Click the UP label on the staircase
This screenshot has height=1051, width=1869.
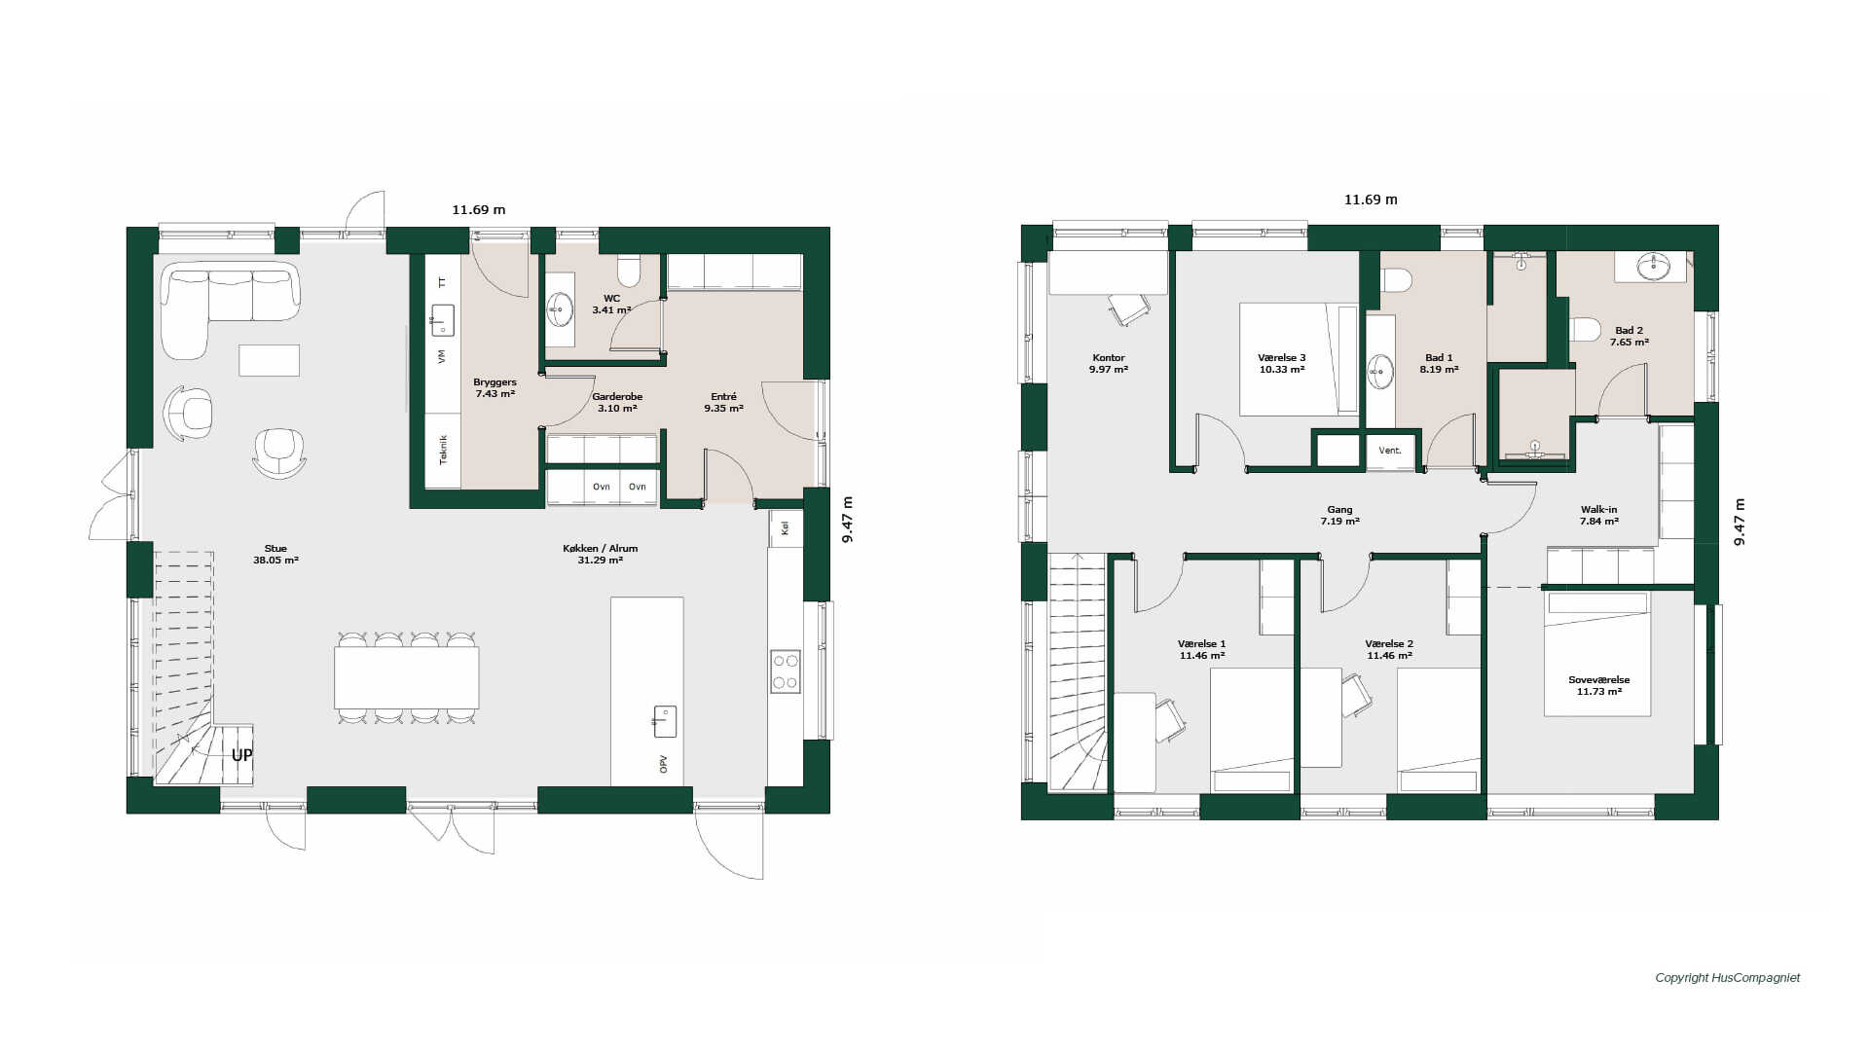coord(241,755)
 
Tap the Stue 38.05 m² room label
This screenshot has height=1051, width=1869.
coord(275,555)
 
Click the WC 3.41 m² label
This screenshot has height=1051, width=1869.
coord(611,305)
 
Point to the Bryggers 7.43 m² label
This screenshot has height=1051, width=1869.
coord(495,388)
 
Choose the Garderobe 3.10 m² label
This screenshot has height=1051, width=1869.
coord(617,403)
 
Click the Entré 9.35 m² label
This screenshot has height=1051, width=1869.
coord(723,403)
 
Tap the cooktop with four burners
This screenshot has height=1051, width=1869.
coord(786,671)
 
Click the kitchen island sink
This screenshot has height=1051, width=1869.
coord(665,721)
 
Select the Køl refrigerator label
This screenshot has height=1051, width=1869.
coord(785,528)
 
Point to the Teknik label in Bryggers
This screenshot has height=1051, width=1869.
coord(443,450)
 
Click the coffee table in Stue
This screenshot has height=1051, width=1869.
coord(270,360)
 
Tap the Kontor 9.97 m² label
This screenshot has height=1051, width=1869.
coord(1109,364)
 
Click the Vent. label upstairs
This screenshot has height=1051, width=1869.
coord(1390,451)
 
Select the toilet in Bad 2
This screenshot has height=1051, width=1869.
coord(1586,329)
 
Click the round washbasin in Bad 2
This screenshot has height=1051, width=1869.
coord(1652,265)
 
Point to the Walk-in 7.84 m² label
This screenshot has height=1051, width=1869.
coord(1599,516)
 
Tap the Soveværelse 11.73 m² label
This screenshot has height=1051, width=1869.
coord(1599,686)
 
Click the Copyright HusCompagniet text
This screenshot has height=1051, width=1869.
coord(1728,978)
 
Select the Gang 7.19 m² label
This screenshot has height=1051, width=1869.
coord(1340,516)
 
